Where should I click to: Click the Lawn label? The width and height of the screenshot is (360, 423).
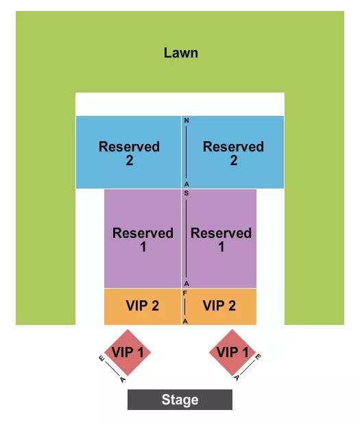coord(181,53)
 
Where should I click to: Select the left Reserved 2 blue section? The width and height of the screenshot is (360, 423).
coord(129,153)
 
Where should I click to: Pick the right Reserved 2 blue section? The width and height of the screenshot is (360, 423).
coord(233,153)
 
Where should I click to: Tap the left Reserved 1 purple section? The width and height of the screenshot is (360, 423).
coord(143,239)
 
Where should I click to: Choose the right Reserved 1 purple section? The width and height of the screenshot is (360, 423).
coord(221,239)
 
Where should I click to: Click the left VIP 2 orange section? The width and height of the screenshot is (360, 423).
coord(142,306)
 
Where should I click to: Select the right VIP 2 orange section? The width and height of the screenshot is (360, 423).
coord(219,306)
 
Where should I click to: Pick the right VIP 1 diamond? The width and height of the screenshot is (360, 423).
coord(233,352)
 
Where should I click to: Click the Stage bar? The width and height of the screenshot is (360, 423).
coord(180,400)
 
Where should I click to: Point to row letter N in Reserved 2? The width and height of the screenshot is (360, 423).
coord(186,121)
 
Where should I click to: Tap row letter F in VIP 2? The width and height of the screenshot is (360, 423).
coord(185,293)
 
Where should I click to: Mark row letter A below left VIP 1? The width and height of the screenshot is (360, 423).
coord(122,378)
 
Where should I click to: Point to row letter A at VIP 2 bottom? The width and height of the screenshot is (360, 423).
coord(185,321)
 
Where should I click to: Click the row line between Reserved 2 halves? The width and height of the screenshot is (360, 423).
coord(186,152)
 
